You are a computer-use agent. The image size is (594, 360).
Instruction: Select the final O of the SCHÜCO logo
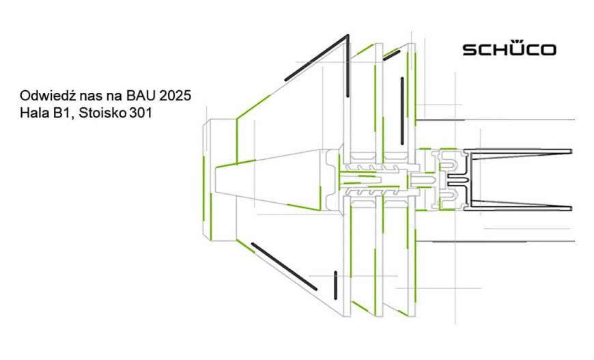(548, 50)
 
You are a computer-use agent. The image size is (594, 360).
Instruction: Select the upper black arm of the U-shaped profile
(519, 150)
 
